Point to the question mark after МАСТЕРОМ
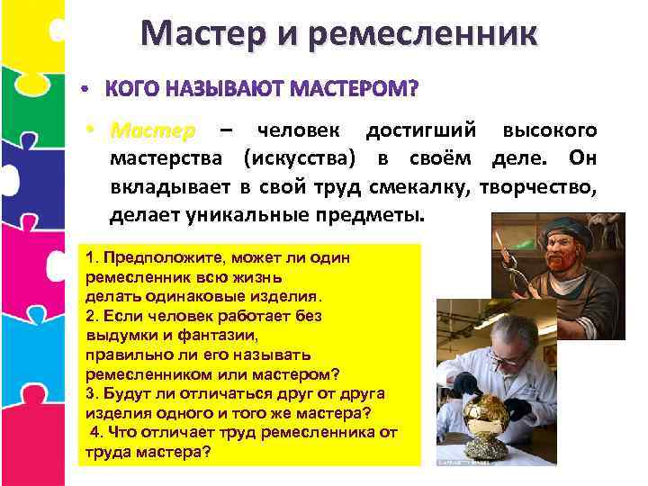(413, 91)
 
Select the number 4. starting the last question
(95, 432)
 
